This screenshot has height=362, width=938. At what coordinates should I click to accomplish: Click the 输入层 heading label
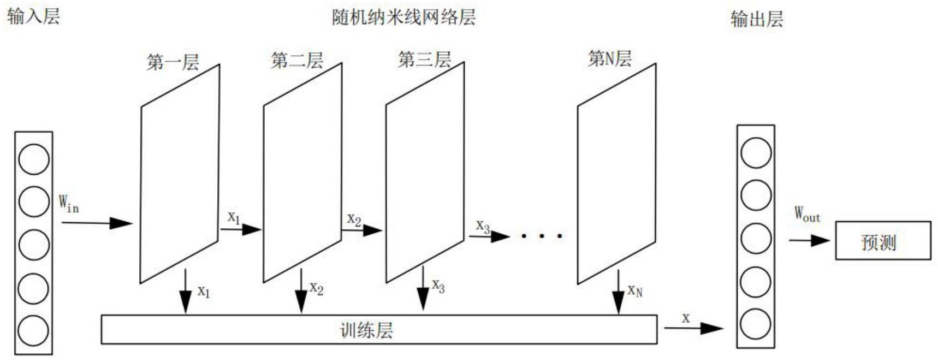(x=33, y=16)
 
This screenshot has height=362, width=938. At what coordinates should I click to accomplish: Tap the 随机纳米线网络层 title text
(x=403, y=17)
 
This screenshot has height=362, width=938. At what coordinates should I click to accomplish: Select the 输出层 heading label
(x=756, y=19)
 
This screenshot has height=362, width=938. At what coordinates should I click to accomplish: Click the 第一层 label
(x=173, y=62)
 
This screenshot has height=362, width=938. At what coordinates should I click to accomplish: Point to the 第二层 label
(x=297, y=60)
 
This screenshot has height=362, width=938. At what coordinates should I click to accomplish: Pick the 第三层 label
(x=424, y=59)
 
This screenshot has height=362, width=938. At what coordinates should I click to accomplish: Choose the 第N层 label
(x=609, y=58)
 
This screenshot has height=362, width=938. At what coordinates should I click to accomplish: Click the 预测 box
(x=882, y=241)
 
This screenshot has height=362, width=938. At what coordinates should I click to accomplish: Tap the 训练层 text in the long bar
(x=366, y=330)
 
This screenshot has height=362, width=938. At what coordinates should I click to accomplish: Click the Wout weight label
(x=806, y=213)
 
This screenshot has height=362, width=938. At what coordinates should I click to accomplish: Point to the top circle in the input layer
(x=34, y=159)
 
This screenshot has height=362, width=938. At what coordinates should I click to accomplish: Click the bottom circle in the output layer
(x=756, y=324)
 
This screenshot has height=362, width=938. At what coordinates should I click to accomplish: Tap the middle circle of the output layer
(x=756, y=238)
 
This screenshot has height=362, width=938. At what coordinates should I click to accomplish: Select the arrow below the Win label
(x=97, y=223)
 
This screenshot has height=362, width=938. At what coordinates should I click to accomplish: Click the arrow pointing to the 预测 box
(x=809, y=240)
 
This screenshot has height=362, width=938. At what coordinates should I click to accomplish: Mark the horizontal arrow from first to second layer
(x=240, y=229)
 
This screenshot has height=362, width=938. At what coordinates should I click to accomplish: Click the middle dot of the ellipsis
(x=542, y=236)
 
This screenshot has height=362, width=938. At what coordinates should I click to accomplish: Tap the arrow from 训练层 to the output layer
(x=694, y=328)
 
